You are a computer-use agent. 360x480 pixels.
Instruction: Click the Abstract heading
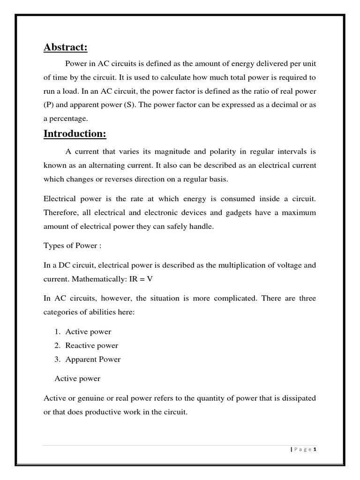[x=66, y=47]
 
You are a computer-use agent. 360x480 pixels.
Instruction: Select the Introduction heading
[x=75, y=134]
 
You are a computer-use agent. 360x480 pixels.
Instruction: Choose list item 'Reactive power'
[x=91, y=345]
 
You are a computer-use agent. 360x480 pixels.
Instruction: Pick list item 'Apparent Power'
[x=93, y=360]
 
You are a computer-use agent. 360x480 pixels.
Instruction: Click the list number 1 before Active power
[x=56, y=332]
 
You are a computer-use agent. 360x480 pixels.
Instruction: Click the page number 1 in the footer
[x=315, y=450]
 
